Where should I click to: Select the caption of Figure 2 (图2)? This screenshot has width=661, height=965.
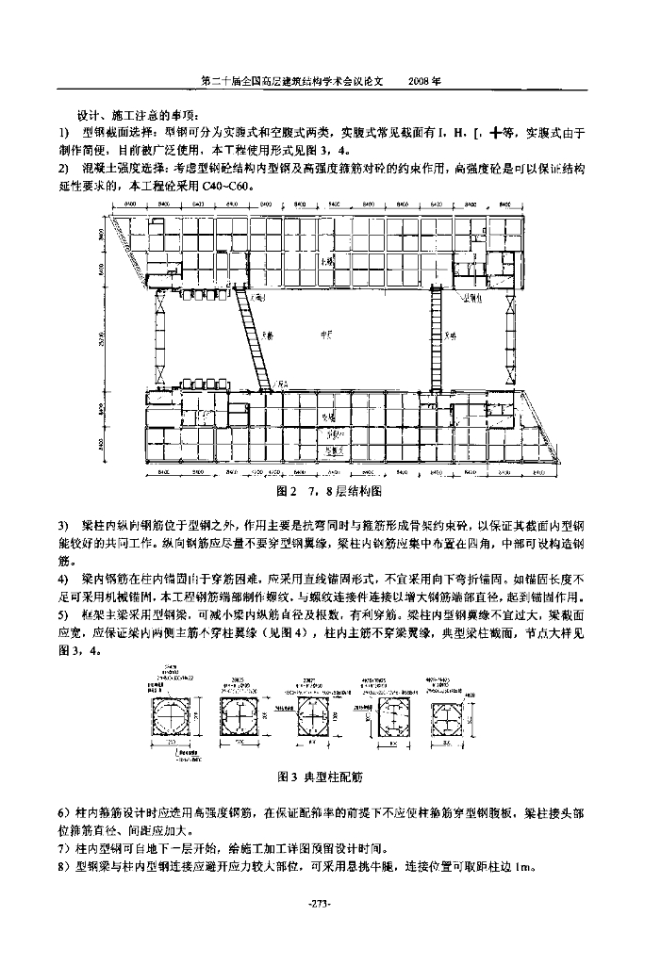328,492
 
